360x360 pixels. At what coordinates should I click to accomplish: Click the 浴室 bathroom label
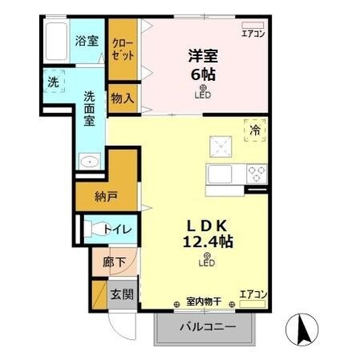(87, 40)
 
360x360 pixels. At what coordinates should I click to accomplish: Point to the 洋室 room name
(204, 56)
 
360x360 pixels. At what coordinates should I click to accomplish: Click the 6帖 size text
(204, 74)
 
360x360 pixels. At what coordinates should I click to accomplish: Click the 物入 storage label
(122, 99)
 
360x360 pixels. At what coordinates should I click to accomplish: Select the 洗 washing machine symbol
(52, 82)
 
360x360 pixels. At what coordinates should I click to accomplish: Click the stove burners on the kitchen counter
(257, 173)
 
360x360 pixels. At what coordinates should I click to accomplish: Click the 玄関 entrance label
(121, 293)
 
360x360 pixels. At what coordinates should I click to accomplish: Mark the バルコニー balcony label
(207, 328)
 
